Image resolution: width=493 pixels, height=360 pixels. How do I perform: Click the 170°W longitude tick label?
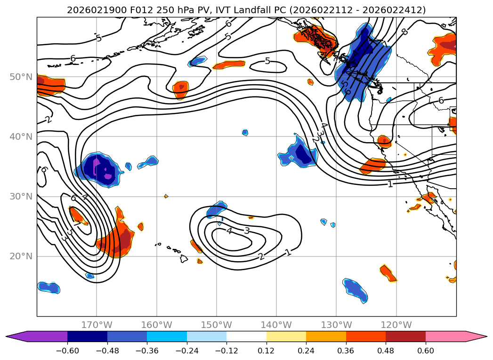coord(97,325)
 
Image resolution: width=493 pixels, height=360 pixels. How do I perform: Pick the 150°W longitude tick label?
coord(217,325)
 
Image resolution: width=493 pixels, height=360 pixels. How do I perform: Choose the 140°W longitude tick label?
coord(276,325)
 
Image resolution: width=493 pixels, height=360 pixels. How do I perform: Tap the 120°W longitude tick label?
coord(396,325)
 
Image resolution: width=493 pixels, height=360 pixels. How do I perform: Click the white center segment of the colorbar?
coord(246,336)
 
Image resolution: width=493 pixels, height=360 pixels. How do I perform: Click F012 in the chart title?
coord(123,10)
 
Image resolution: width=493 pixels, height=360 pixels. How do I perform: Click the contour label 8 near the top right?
coord(404,32)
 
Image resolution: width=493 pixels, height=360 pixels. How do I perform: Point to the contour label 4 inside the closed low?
coord(229,231)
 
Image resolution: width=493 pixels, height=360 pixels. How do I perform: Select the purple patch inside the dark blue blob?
coord(97,166)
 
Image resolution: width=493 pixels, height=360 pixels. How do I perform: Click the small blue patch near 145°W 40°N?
coord(245,133)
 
